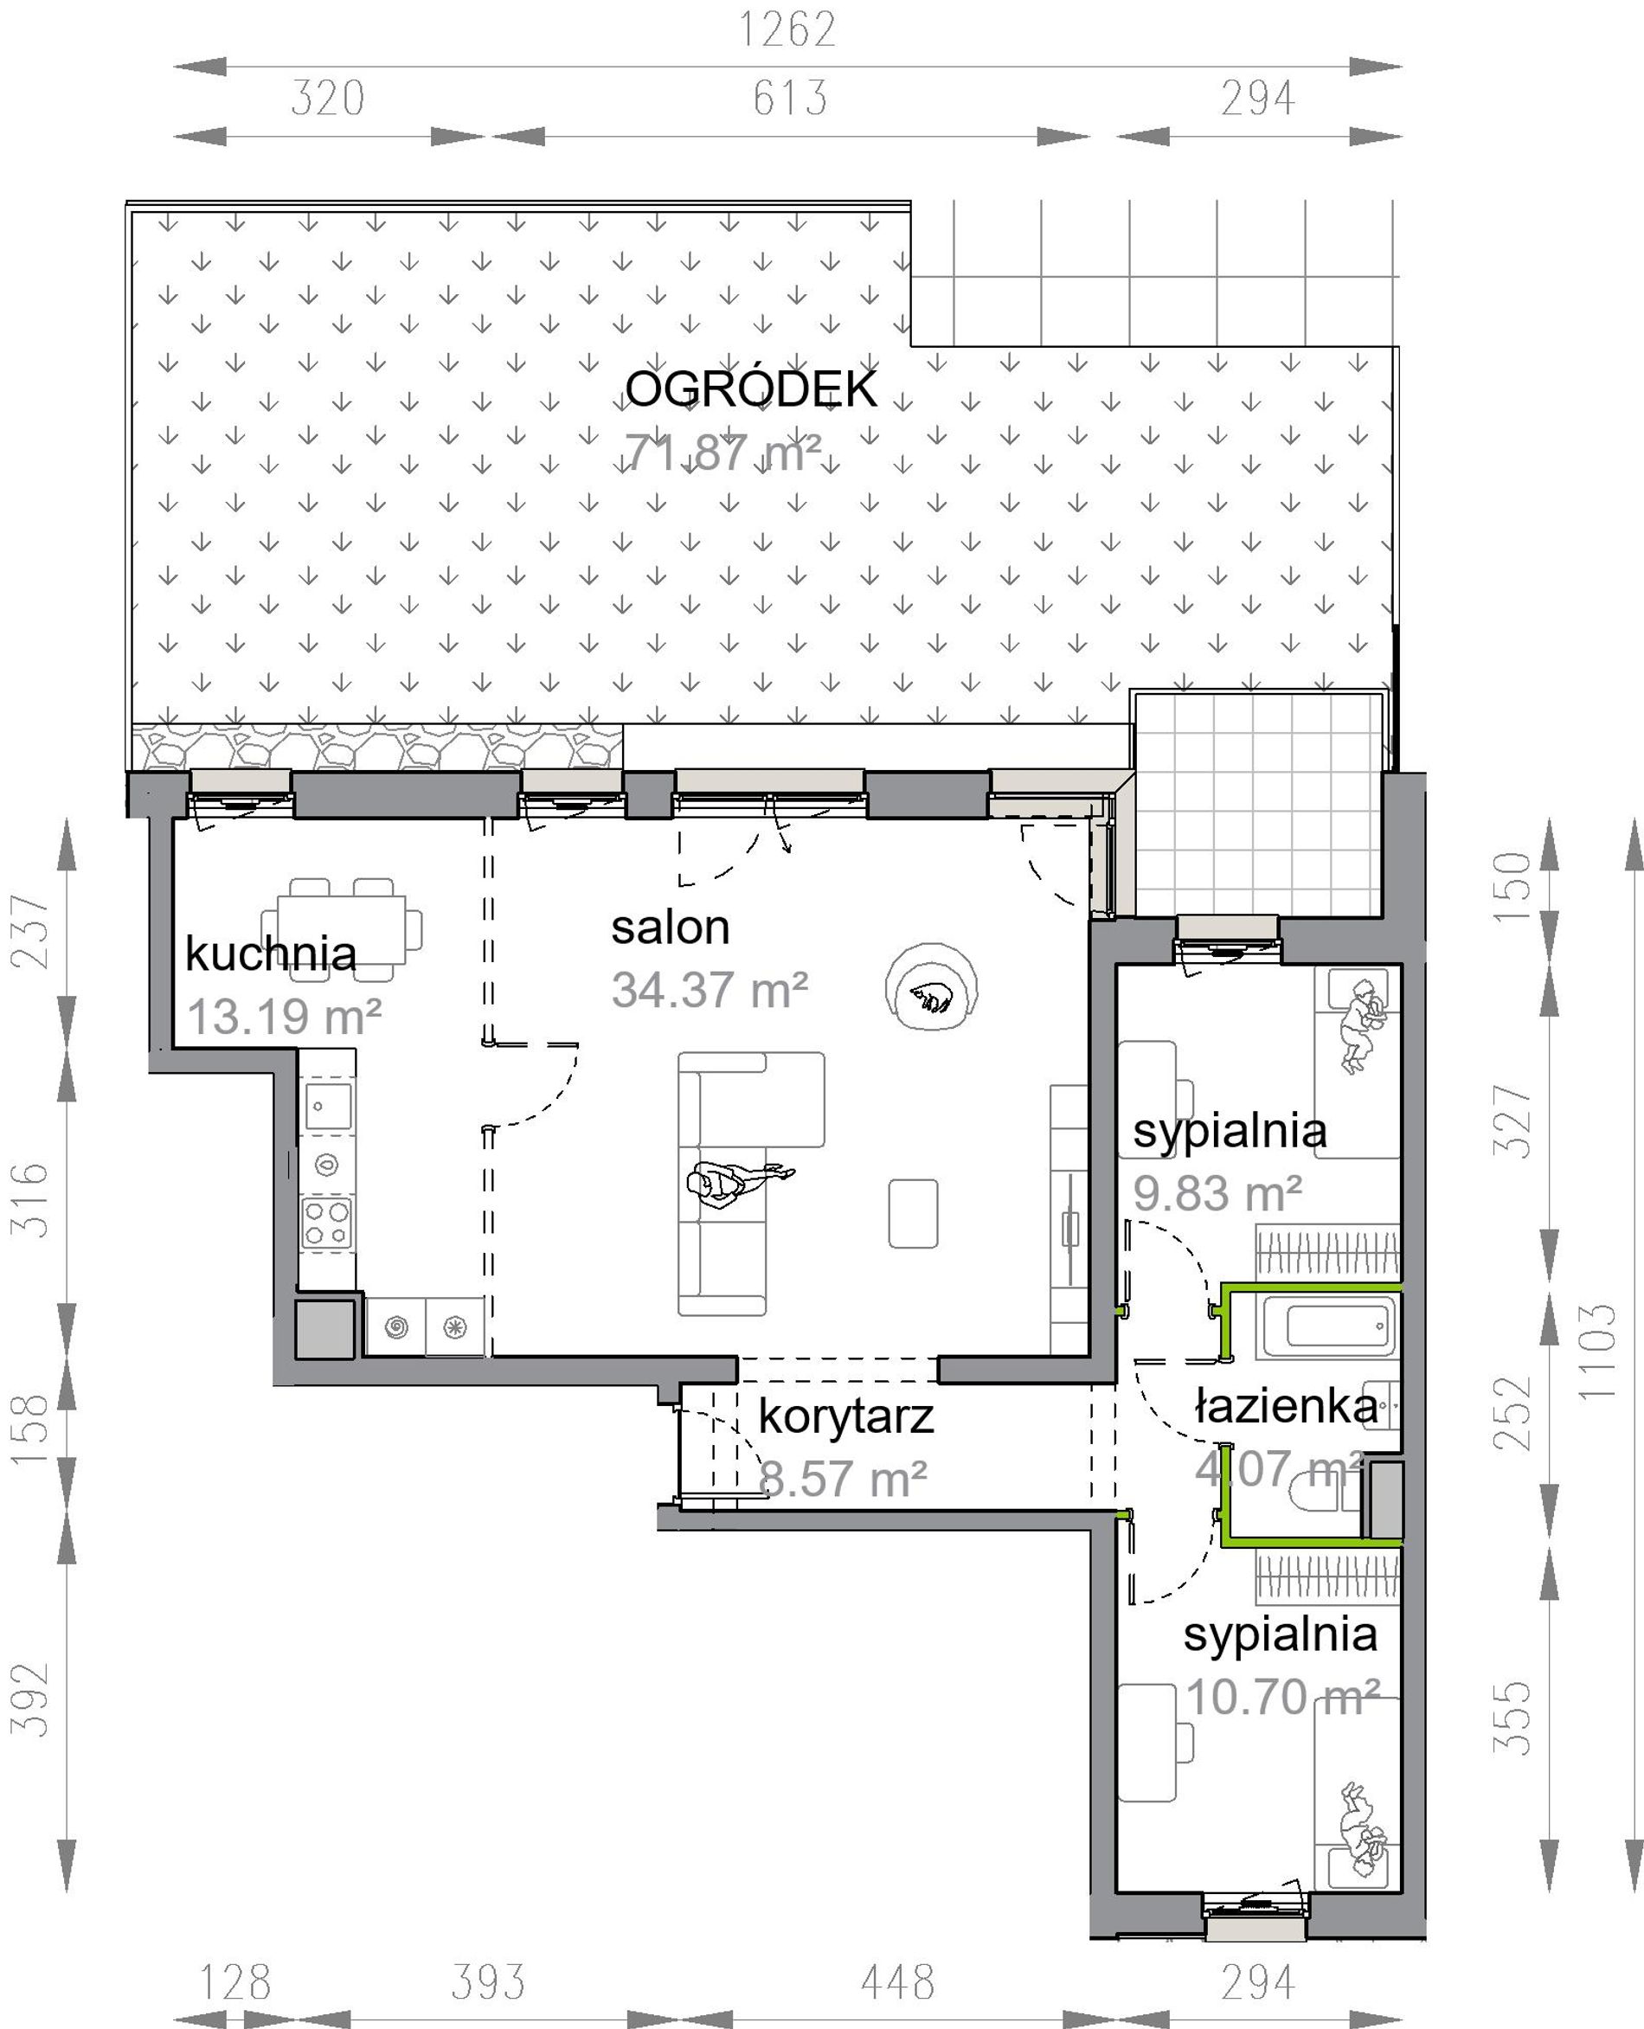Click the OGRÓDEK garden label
click(752, 389)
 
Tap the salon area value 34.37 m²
click(710, 991)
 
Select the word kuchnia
click(271, 954)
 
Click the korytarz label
click(846, 1418)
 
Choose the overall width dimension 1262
click(787, 29)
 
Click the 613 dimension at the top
click(790, 99)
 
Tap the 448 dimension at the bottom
click(898, 1981)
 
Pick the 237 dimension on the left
click(30, 932)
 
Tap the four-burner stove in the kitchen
click(328, 1223)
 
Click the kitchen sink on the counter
click(328, 1106)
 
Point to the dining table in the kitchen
click(341, 928)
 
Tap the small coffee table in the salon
click(913, 1213)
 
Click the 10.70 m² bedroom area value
click(1282, 1698)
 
